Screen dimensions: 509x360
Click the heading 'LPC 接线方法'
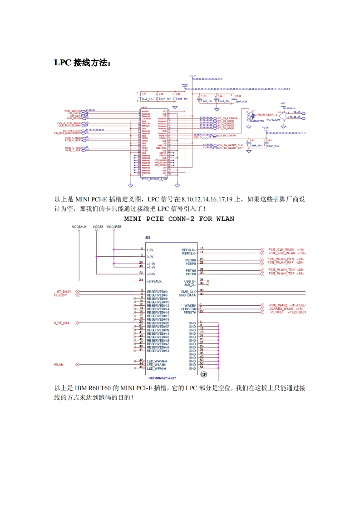(82, 63)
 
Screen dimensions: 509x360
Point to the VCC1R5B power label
(114, 226)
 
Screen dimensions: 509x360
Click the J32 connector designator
(148, 237)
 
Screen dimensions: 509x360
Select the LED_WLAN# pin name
(156, 364)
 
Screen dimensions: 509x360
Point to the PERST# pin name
(190, 312)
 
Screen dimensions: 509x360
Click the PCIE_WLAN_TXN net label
(281, 270)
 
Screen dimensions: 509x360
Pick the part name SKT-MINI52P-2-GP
(162, 377)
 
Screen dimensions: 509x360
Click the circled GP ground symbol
(204, 375)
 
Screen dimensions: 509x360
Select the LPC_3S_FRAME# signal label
(227, 118)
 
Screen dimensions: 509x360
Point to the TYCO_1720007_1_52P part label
(155, 180)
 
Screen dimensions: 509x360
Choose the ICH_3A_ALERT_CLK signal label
(231, 145)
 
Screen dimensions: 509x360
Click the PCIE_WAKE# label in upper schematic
(73, 110)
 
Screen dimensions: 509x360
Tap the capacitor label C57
(144, 93)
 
